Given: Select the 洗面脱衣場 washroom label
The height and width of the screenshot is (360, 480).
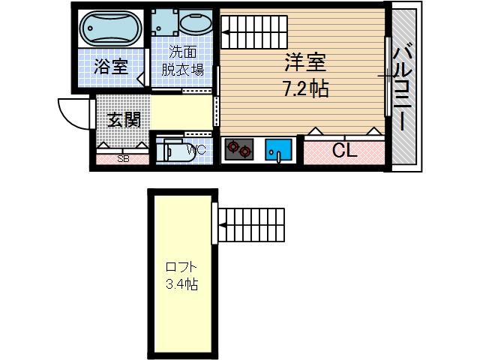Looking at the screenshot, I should (183, 61).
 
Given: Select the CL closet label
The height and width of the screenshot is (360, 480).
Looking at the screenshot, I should (344, 150).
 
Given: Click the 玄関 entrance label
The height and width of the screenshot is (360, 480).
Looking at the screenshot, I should (122, 118).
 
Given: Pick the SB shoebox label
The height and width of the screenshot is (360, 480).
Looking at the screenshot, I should (123, 159).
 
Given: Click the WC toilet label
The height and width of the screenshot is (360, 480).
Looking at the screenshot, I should (196, 150).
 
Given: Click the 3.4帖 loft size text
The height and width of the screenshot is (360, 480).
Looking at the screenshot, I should (181, 285).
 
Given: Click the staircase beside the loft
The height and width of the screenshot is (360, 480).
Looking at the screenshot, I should (251, 223).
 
